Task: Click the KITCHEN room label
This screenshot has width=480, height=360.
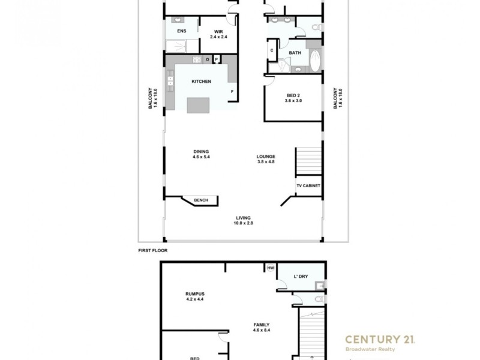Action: coord(201,82)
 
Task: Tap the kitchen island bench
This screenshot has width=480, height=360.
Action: coord(199,106)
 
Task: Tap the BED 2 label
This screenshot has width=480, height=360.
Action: coord(293,98)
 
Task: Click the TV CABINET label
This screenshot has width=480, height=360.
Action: coord(308,186)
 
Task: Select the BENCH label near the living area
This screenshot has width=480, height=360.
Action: coord(200,200)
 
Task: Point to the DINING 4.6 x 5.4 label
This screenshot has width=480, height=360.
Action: coord(201,154)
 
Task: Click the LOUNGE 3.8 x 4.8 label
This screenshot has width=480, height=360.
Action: coord(265,159)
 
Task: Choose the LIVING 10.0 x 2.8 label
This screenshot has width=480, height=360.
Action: coord(243,220)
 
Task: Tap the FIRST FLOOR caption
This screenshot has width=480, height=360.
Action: coord(152,250)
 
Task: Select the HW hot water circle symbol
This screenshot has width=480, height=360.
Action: coord(271,268)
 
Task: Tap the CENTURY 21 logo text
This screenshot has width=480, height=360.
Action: coord(379,340)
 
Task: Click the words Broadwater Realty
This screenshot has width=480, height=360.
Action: coord(370,349)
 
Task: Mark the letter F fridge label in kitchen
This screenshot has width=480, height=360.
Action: coord(232,91)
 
